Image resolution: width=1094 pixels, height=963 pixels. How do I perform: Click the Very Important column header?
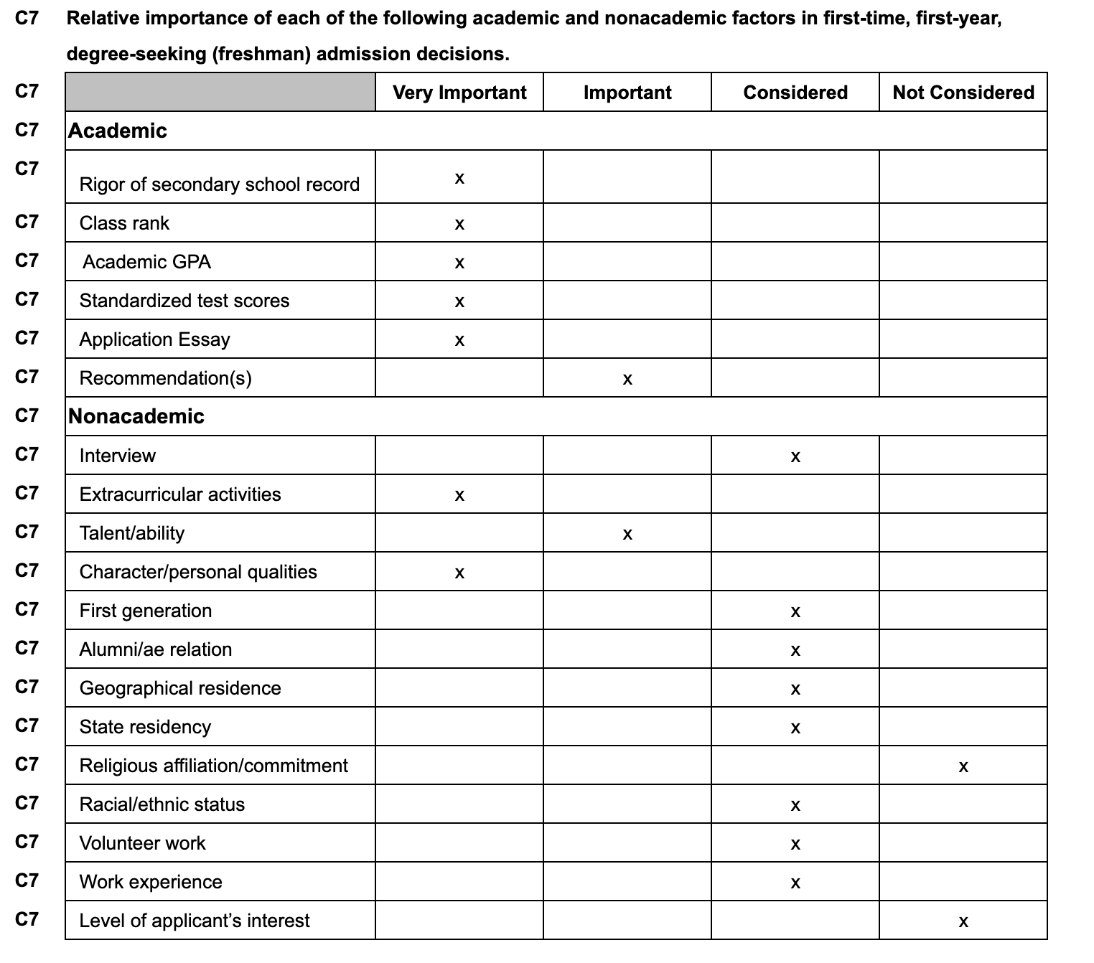459,93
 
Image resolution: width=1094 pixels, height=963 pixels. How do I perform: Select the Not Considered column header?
963,93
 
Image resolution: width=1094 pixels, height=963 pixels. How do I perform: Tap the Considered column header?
795,93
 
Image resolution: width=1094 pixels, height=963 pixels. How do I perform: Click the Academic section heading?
118,131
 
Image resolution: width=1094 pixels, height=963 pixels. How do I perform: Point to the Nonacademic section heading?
136,416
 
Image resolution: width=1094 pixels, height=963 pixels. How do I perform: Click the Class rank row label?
124,223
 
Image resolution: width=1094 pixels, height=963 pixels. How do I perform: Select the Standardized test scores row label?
184,301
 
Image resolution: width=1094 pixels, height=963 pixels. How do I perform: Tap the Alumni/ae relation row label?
156,649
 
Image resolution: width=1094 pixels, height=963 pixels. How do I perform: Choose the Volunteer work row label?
142,843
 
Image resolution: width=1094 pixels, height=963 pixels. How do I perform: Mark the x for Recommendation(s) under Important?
627,380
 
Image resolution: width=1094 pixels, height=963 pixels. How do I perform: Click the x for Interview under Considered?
795,457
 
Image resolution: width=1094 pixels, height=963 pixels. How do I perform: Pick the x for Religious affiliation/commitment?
963,767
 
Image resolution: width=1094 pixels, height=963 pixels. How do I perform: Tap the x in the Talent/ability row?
627,535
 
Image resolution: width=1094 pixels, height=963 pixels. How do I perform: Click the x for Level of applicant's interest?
963,922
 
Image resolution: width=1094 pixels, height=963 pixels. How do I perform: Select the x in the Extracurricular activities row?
459,496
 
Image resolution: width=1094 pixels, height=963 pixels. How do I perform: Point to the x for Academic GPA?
459,263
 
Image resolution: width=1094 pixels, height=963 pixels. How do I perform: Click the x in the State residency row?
795,728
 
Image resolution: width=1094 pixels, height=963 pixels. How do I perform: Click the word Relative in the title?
102,18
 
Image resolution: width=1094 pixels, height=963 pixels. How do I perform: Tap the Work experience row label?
151,882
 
